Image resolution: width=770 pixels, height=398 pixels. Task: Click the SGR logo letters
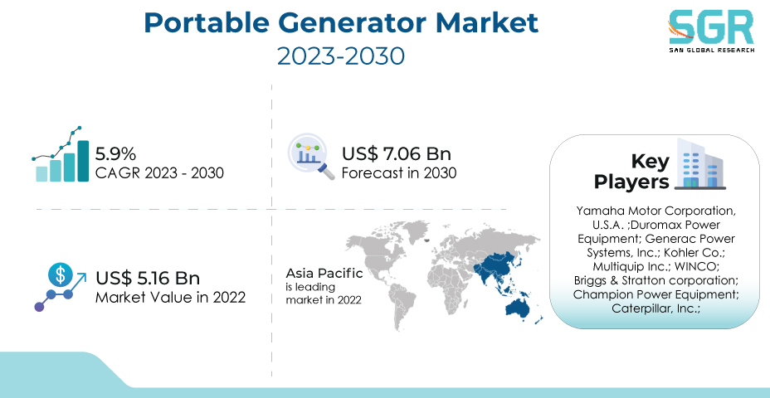click(710, 28)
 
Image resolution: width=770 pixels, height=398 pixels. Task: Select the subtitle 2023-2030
click(341, 56)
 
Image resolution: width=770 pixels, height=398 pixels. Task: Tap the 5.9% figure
click(115, 154)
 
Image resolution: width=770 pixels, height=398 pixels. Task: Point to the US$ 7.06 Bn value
click(397, 154)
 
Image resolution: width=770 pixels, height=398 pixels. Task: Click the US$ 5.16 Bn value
click(148, 279)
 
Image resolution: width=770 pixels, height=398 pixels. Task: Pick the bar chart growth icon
click(60, 154)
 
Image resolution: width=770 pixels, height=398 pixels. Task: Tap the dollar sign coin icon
click(60, 274)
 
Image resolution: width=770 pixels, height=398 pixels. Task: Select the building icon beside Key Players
click(699, 164)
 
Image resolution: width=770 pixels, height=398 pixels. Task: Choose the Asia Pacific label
click(324, 273)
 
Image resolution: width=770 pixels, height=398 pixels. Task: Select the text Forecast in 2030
click(399, 173)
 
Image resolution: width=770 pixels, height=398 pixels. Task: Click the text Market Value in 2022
click(170, 298)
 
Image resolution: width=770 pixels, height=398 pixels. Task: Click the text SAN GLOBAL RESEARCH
click(711, 50)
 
